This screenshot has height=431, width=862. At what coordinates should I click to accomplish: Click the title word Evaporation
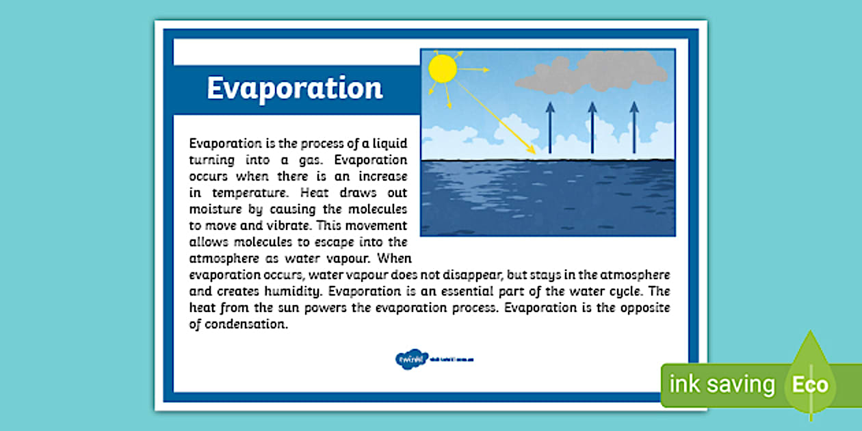[x=295, y=89]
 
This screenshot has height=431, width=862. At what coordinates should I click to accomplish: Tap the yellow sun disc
[x=442, y=69]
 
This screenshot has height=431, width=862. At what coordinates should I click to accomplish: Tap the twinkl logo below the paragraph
[x=412, y=358]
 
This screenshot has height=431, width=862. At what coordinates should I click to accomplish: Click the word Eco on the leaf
[x=810, y=384]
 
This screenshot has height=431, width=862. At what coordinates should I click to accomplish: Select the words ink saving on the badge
[x=722, y=384]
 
